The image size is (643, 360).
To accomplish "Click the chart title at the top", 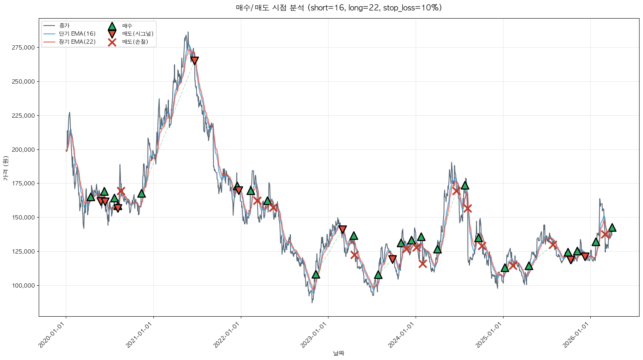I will pyautogui.click(x=339, y=8).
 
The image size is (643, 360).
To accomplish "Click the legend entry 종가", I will pyautogui.click(x=64, y=26).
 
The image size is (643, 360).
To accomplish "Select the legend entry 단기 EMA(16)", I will pyautogui.click(x=77, y=34).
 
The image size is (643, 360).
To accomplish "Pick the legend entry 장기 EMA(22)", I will pyautogui.click(x=77, y=42).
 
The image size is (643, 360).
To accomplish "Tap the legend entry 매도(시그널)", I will pyautogui.click(x=138, y=34).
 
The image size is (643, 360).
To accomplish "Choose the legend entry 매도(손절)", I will pyautogui.click(x=135, y=42).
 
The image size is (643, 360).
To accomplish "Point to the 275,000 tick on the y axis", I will pyautogui.click(x=23, y=48).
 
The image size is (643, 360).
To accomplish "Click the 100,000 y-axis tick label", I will pyautogui.click(x=23, y=286).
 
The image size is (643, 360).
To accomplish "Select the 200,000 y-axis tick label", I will pyautogui.click(x=23, y=150).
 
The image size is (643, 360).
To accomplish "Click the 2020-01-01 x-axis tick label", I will pyautogui.click(x=52, y=335).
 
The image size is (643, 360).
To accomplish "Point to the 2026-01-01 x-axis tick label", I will pyautogui.click(x=576, y=335).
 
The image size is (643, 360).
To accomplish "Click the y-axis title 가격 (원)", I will pyautogui.click(x=5, y=168).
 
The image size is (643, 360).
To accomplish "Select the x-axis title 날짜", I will pyautogui.click(x=339, y=353).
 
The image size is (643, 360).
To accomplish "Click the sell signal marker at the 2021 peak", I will pyautogui.click(x=194, y=61).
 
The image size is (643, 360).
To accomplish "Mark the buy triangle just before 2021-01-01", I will pyautogui.click(x=141, y=193).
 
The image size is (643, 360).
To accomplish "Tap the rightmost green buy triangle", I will pyautogui.click(x=612, y=227).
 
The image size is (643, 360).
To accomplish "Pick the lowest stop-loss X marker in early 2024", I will pyautogui.click(x=423, y=264).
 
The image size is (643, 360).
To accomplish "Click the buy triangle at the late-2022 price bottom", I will pyautogui.click(x=316, y=274).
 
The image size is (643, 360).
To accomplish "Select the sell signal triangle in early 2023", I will pyautogui.click(x=342, y=230).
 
